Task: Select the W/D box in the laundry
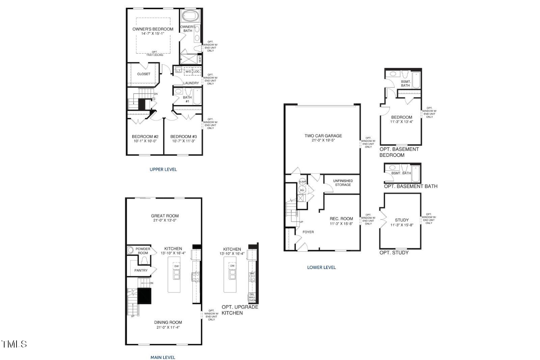188,72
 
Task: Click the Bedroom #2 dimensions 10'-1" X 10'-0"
145,141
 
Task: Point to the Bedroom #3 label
184,137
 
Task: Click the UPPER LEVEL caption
163,169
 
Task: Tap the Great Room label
165,216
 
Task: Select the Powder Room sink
131,250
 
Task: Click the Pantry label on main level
141,270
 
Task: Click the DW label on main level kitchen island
176,266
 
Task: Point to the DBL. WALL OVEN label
252,297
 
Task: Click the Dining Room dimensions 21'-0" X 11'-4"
169,327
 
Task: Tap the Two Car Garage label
323,136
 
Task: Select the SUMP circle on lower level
302,182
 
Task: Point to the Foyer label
308,232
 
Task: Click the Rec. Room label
341,219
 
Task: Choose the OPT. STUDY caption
394,253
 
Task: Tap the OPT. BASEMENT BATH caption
410,186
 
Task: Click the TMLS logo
14,344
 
